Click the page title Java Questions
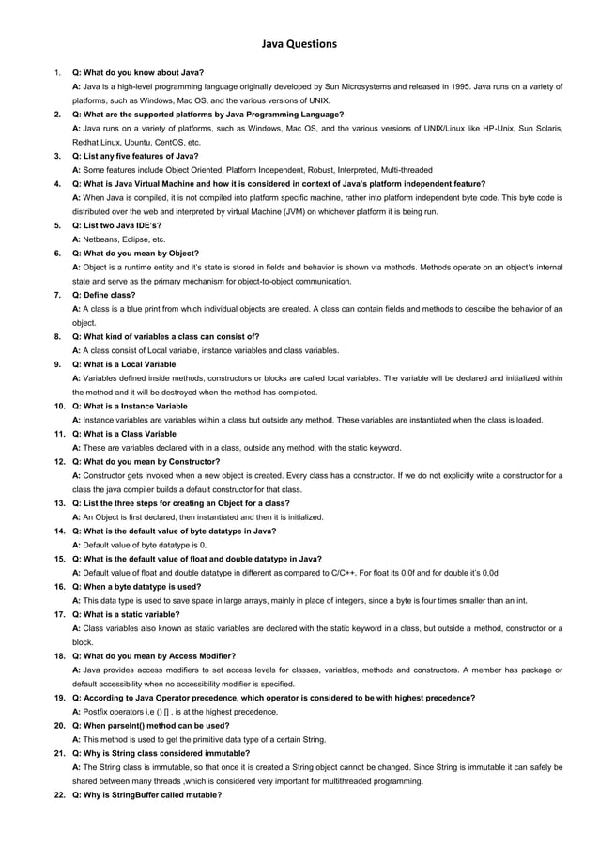click(299, 43)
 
